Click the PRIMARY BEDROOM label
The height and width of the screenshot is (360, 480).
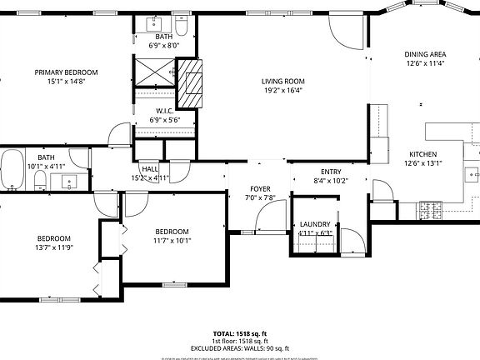[x=66, y=72]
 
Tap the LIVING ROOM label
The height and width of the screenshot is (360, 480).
[x=283, y=82]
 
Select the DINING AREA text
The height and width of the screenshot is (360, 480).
[x=425, y=53]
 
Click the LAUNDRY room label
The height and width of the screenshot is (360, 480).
[x=315, y=224]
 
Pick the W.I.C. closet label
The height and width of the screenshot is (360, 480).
[x=164, y=111]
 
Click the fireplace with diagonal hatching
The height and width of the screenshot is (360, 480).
[x=193, y=85]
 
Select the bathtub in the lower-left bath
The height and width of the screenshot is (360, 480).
[x=12, y=170]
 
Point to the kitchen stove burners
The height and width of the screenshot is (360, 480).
[x=432, y=212]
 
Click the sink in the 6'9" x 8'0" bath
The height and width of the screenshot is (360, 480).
[x=153, y=22]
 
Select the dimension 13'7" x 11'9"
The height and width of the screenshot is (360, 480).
[x=55, y=247]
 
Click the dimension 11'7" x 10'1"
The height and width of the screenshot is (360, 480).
[x=172, y=241]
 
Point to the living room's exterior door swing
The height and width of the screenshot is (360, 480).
[x=343, y=31]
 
